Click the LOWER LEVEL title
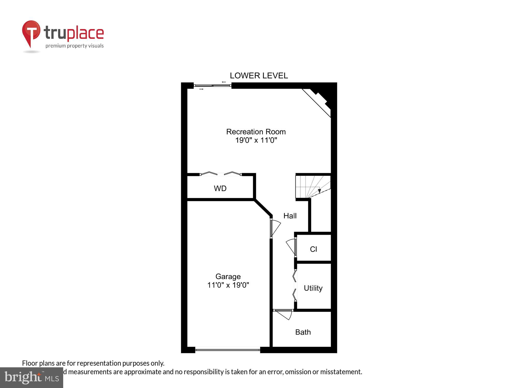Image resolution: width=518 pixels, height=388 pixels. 259,76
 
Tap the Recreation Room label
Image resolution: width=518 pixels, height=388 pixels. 256,132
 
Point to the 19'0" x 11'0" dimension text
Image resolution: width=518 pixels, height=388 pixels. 256,140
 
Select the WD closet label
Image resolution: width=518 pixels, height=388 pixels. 220,188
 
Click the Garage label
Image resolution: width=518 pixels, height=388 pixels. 228,277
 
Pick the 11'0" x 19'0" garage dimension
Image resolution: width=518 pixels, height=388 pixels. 228,285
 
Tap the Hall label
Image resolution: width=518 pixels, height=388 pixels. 290,216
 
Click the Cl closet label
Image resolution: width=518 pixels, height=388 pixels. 313,249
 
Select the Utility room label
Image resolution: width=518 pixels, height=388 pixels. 313,288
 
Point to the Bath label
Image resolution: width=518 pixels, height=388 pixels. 303,332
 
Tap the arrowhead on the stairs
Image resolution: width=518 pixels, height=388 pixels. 319,191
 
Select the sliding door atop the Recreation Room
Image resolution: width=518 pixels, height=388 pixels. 212,86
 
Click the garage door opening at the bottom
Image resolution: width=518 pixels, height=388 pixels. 227,350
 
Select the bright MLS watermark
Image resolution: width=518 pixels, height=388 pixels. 32,378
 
